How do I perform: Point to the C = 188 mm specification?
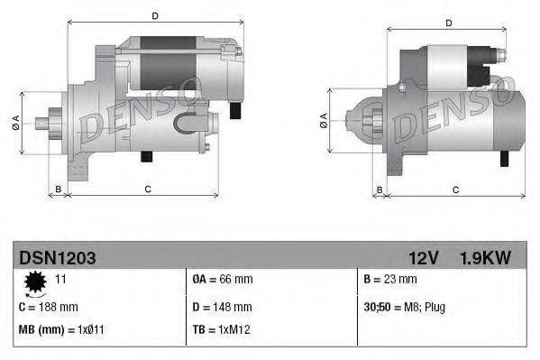pyautogui.click(x=49, y=307)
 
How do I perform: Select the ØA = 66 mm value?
pyautogui.click(x=223, y=281)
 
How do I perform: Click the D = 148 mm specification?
pyautogui.click(x=224, y=307)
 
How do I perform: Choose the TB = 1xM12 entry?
pyautogui.click(x=220, y=330)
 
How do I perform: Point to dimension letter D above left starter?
pyautogui.click(x=155, y=16)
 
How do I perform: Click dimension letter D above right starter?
pyautogui.click(x=449, y=23)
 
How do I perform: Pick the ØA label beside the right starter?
pyautogui.click(x=323, y=119)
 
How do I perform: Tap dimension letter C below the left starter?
pyautogui.click(x=147, y=188)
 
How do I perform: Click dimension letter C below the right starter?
pyautogui.click(x=456, y=189)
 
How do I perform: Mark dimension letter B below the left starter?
pyautogui.click(x=59, y=188)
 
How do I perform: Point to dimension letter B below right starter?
pyautogui.click(x=380, y=189)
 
